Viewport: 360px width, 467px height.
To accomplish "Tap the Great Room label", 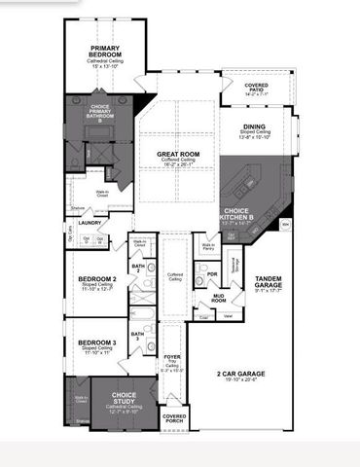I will pos(177,154).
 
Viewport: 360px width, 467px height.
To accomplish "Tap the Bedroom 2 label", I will pos(97,280).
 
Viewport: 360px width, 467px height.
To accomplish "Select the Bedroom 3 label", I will pos(97,342).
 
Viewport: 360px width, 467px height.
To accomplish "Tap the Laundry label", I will pos(83,223).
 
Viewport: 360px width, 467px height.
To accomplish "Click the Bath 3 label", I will pos(138,335).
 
